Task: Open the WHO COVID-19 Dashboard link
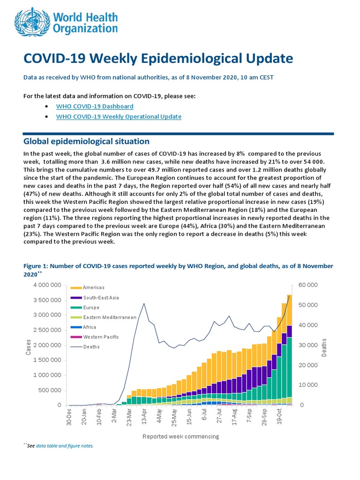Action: (x=95, y=106)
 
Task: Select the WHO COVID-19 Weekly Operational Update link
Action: (x=119, y=117)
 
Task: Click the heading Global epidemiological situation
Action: (x=86, y=141)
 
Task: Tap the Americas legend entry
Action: (x=94, y=287)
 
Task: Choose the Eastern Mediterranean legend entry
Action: (x=109, y=317)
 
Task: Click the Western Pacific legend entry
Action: (x=101, y=337)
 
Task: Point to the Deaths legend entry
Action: (x=91, y=347)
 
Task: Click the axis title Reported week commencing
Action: (x=180, y=436)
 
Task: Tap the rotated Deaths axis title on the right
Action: (x=324, y=347)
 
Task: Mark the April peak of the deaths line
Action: (x=144, y=303)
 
